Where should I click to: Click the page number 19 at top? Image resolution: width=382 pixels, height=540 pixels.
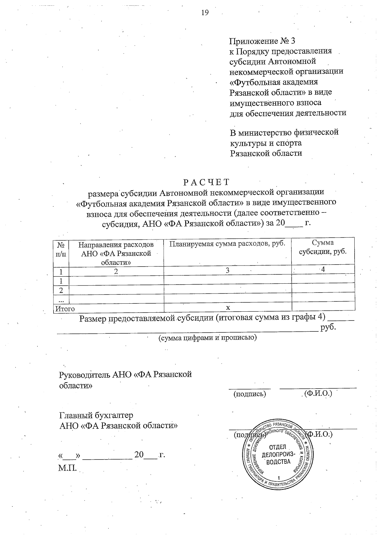point(205,13)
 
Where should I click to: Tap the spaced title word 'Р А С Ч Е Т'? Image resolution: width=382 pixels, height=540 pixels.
point(206,182)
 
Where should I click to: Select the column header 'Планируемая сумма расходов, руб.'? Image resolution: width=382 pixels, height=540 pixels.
point(227,244)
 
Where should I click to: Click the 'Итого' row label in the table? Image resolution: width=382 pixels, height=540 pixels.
point(65,308)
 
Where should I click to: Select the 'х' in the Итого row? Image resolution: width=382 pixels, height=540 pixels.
point(228,308)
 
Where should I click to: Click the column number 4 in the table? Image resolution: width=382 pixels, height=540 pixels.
point(323,269)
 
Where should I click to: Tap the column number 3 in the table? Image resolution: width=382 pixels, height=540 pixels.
point(227,271)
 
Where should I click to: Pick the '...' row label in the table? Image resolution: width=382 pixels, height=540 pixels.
point(61,300)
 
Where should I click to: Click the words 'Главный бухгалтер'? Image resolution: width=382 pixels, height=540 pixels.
point(96,415)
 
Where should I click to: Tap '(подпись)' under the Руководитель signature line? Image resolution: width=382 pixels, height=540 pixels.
point(250,394)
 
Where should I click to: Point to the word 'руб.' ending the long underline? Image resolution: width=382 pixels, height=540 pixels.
point(329,327)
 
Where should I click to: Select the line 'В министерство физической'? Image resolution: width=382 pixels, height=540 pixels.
point(284,132)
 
